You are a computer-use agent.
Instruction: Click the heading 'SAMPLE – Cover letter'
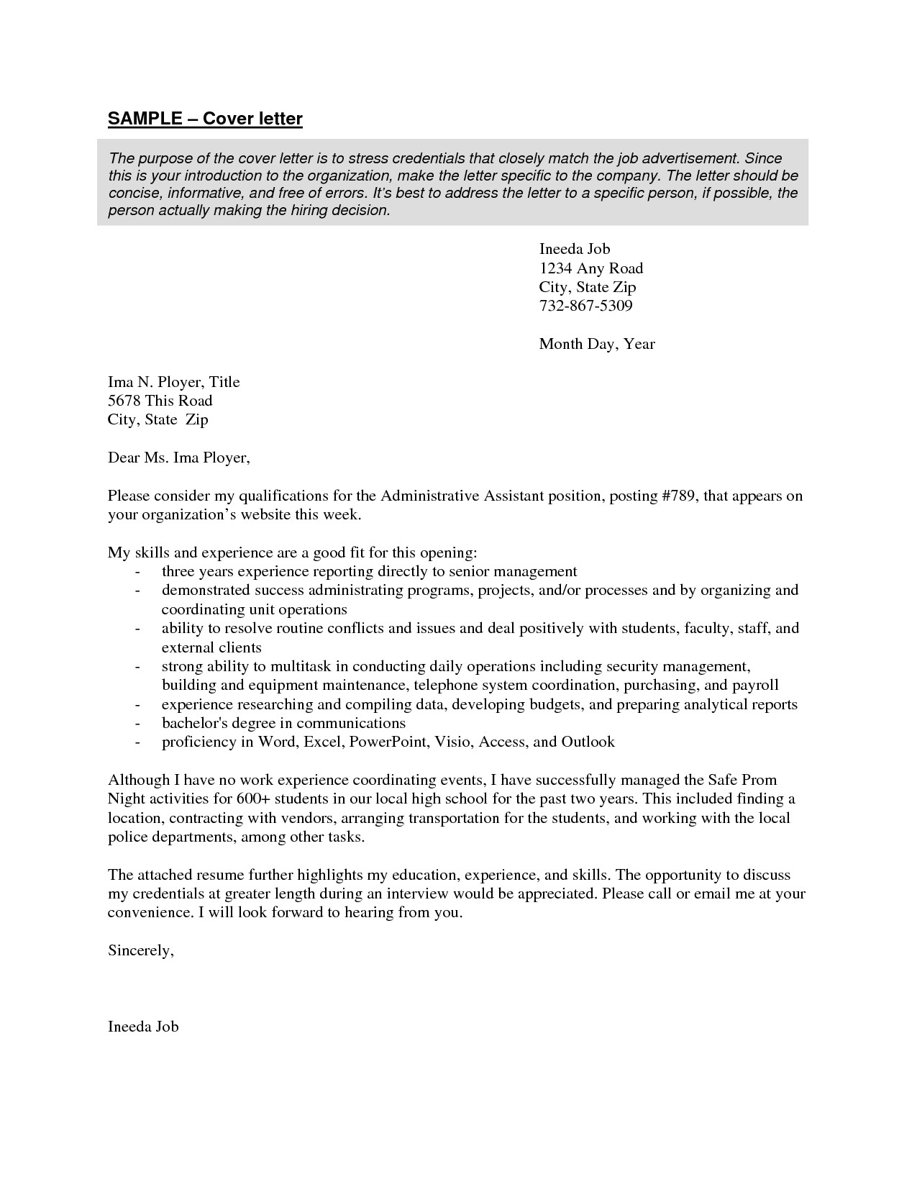205,119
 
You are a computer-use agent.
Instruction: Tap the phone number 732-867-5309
585,306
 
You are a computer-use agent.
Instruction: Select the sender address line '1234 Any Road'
590,268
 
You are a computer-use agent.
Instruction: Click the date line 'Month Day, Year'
596,344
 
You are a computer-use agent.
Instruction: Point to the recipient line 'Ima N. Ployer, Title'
173,382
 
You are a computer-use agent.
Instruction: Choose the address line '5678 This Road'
160,401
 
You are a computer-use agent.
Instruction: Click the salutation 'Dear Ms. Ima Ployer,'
178,458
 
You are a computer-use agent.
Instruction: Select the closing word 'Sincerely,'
140,950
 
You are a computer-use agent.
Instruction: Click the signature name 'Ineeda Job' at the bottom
142,1027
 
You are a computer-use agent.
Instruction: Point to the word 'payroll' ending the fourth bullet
755,685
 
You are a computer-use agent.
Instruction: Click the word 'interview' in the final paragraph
417,893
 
